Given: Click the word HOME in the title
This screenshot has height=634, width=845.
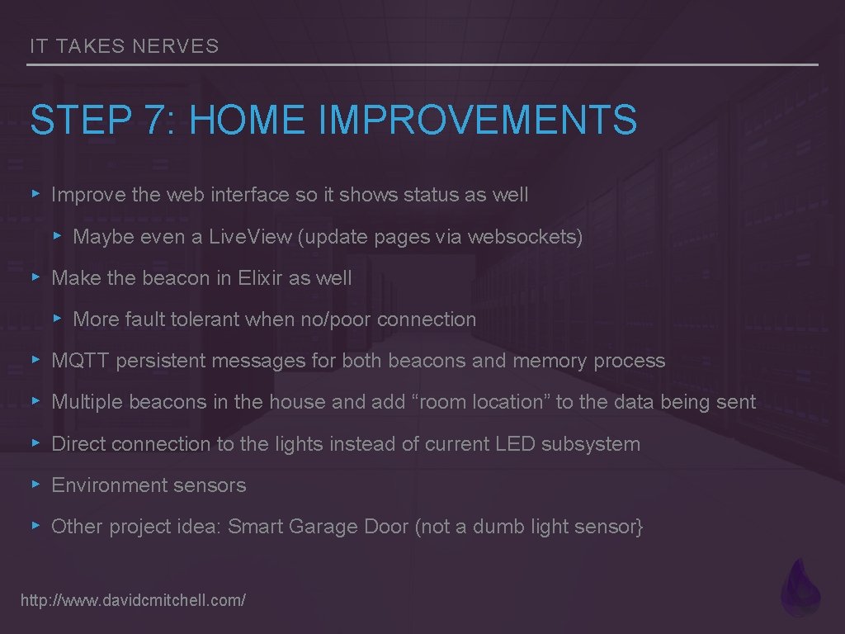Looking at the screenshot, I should tap(247, 120).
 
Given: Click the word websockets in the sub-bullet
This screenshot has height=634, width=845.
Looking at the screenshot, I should tap(525, 237).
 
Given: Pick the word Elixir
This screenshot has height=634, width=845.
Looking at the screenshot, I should tap(260, 278).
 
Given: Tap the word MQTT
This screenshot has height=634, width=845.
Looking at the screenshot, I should tap(81, 361).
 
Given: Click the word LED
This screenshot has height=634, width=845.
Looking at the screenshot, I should tap(515, 443).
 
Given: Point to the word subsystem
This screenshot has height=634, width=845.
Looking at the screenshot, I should tap(591, 443).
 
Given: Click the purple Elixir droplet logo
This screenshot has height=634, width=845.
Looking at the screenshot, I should tap(800, 587).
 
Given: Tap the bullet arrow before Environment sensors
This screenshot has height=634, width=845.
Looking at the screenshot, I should tap(35, 485).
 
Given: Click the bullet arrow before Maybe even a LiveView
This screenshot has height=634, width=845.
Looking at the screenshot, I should tap(57, 237).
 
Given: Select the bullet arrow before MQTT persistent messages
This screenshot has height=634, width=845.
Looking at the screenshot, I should tap(35, 361).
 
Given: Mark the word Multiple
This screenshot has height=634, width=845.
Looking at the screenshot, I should tap(87, 402).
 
